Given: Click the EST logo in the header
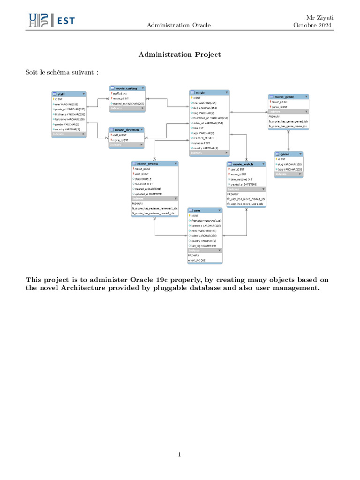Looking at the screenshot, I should tap(51, 20).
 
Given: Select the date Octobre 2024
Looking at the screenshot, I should tap(313, 25).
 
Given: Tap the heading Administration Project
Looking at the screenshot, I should tap(180, 55).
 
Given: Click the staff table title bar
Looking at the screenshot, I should tap(68, 94).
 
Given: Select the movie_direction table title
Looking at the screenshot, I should tap(127, 129).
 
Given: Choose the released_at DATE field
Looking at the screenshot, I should tap(204, 138).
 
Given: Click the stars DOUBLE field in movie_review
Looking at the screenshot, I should tap(143, 179).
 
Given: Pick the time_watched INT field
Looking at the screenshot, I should tap(242, 179).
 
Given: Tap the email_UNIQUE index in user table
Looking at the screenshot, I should tap(197, 260).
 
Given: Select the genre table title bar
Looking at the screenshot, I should tap(288, 154).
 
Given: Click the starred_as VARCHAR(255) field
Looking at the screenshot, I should tap(128, 104).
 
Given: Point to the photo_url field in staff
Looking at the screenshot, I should tap(69, 109).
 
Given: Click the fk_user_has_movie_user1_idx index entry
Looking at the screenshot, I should tap(246, 204).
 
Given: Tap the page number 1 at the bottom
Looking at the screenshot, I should tap(180, 454).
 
